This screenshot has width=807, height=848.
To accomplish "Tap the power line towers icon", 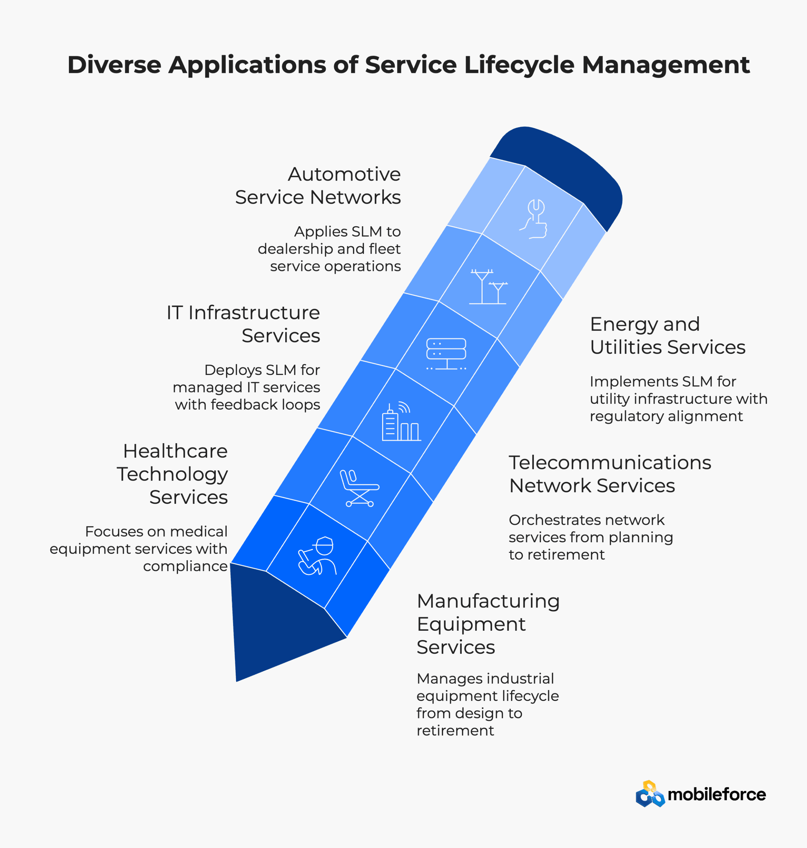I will [x=488, y=287].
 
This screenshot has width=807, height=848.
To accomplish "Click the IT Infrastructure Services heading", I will [x=244, y=324].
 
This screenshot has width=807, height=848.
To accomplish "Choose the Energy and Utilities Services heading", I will [x=667, y=336].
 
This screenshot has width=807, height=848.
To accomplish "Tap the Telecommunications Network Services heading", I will [x=609, y=474].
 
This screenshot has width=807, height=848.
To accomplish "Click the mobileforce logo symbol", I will [x=650, y=794].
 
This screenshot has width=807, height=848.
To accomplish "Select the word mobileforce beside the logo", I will [x=717, y=795].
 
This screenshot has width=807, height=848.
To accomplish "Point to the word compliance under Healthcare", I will [x=185, y=566].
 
